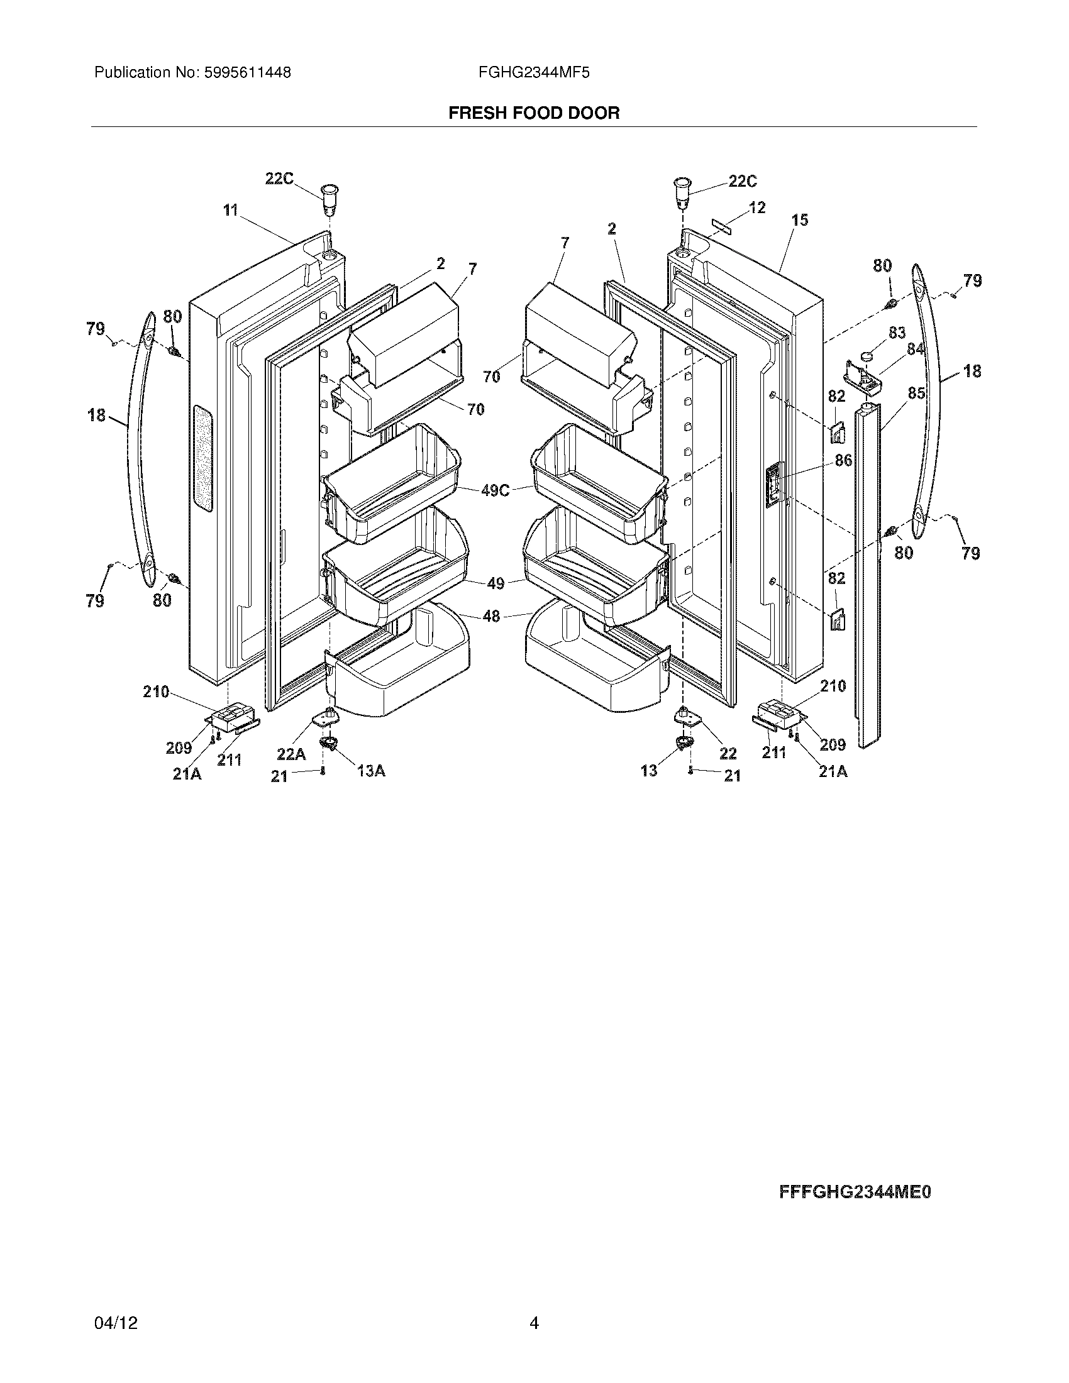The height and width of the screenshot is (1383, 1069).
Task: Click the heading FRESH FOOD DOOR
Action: tap(534, 113)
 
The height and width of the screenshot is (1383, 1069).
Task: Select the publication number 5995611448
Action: tap(247, 73)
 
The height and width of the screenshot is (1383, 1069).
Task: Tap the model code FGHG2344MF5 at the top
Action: tap(534, 73)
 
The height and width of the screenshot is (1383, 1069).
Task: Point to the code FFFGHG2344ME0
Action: tap(855, 1193)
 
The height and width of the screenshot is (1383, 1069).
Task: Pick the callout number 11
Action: tap(230, 209)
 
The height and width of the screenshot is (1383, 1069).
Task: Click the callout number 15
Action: tap(800, 220)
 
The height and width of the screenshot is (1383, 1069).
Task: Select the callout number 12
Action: tap(756, 207)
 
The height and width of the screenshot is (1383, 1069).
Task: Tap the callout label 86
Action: tap(843, 460)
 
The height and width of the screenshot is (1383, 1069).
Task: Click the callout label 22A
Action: tap(291, 754)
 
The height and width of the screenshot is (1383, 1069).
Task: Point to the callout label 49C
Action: tap(496, 490)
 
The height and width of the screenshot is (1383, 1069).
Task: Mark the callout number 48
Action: tap(492, 615)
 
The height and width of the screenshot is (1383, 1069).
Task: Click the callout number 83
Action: tap(897, 333)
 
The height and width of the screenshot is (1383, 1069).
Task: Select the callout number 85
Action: tap(916, 394)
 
